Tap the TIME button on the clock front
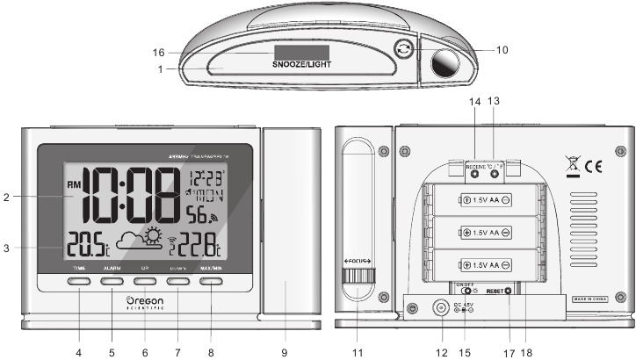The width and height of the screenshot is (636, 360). click(79, 282)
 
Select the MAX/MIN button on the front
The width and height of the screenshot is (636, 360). click(212, 282)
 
